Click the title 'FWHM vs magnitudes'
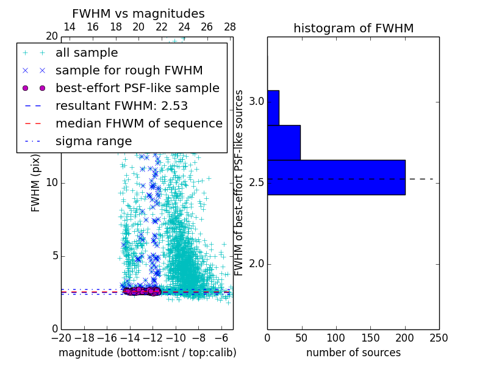click(138, 13)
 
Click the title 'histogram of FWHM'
click(353, 28)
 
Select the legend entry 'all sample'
click(87, 53)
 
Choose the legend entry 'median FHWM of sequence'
click(138, 124)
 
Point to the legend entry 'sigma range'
click(93, 142)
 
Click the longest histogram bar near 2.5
click(336, 177)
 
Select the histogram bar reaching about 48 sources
click(284, 142)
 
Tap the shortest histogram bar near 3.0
click(273, 107)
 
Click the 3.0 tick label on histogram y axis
click(256, 101)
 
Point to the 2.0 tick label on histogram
click(256, 264)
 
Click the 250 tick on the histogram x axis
click(439, 338)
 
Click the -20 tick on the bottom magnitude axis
click(61, 338)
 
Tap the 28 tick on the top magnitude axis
click(230, 27)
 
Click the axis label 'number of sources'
click(353, 353)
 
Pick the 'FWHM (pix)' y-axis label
click(36, 184)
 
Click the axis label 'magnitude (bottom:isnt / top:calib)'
click(147, 353)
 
